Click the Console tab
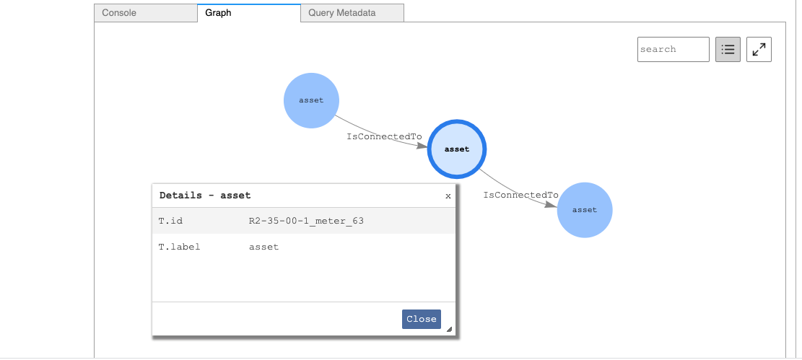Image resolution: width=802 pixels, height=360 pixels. click(119, 13)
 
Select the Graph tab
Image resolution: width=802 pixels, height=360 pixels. click(218, 13)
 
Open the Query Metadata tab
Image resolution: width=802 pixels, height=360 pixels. click(341, 13)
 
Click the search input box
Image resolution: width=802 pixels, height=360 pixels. click(673, 50)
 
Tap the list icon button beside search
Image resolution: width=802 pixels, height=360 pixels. click(728, 50)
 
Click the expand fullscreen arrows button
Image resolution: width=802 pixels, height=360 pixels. click(759, 50)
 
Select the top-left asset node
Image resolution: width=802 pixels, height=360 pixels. click(311, 100)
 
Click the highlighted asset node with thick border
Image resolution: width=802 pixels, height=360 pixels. click(457, 149)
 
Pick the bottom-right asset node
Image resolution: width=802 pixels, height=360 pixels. click(585, 210)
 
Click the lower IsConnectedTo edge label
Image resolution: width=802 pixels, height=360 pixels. click(520, 195)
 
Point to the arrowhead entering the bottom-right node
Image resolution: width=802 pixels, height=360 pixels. click(552, 205)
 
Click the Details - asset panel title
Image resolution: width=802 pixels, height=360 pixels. click(205, 196)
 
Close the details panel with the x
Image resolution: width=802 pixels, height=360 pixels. click(448, 196)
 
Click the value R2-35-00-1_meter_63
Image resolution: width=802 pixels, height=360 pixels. click(306, 221)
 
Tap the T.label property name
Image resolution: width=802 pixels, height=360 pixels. click(179, 247)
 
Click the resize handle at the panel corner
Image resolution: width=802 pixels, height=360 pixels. click(449, 329)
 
